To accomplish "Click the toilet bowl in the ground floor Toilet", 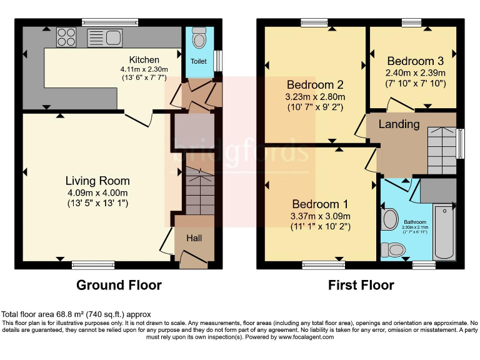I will (x=199, y=39).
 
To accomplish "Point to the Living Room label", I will (x=97, y=181).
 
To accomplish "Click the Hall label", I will (x=194, y=238).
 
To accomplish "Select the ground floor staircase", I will (x=199, y=187).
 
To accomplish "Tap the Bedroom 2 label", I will (x=316, y=85).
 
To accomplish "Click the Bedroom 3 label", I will (x=415, y=61).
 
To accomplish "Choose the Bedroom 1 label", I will (x=320, y=204).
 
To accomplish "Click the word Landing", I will (x=399, y=124).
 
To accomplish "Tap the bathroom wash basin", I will (x=390, y=219).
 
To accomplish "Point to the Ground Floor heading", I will (x=119, y=285).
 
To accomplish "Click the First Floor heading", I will (x=361, y=285).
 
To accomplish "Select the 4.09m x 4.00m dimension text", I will (x=97, y=193).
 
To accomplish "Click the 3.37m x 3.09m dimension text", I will (x=320, y=216).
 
